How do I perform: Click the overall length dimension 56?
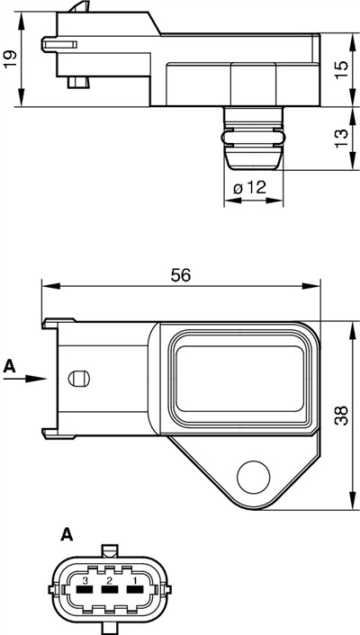tap(181, 276)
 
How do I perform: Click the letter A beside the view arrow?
tap(10, 366)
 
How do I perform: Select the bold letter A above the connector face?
tap(66, 536)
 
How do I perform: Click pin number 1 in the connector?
tap(134, 582)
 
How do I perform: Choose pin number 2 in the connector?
tap(110, 582)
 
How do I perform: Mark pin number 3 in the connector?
tap(85, 582)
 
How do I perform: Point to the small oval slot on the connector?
tap(78, 378)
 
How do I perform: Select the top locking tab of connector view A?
tap(109, 550)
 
